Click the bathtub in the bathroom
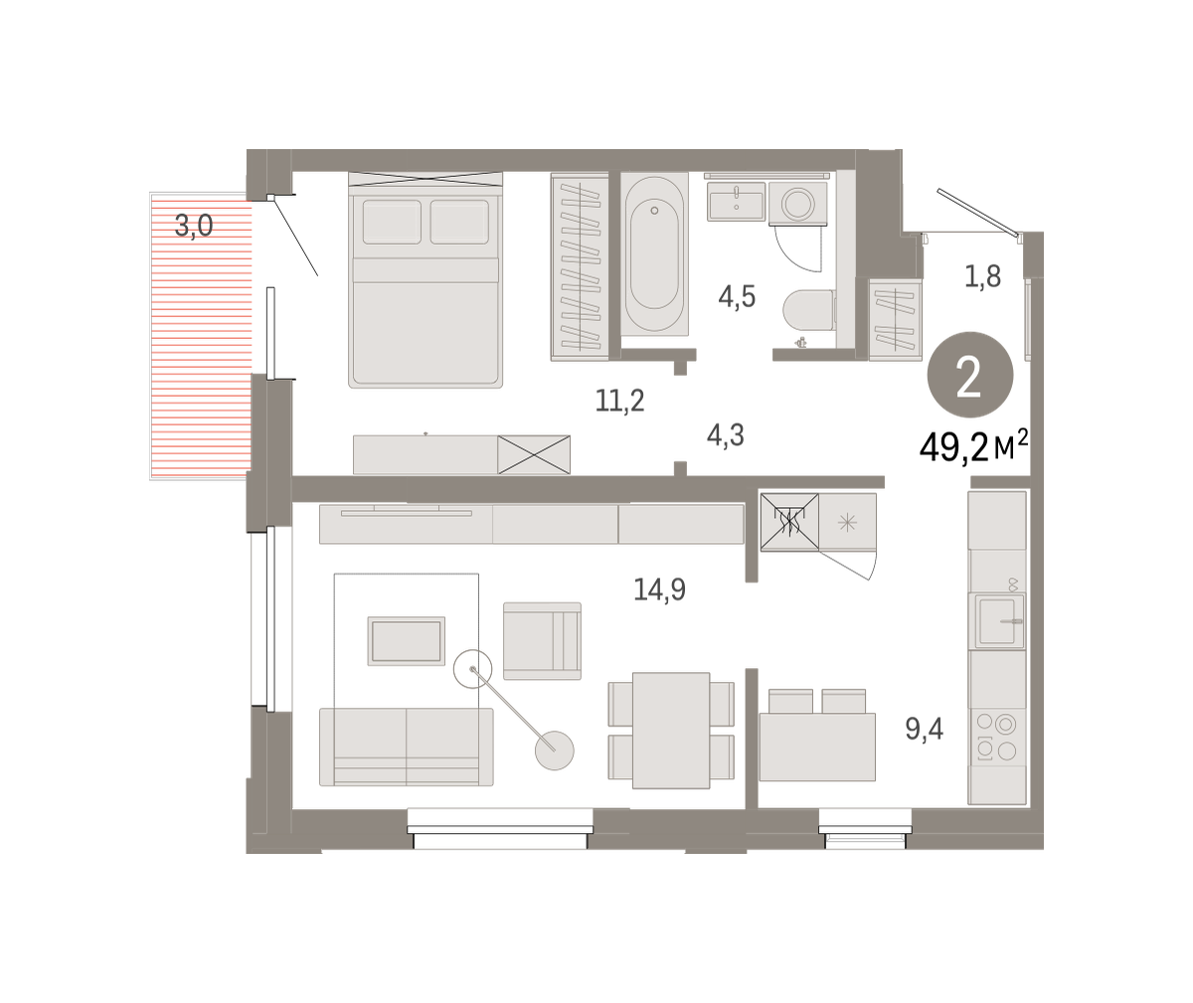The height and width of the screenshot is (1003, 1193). point(654,254)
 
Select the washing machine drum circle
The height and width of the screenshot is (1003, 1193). point(797,203)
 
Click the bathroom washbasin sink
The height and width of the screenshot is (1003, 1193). point(736,201)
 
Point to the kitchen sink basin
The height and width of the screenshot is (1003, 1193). point(996,620)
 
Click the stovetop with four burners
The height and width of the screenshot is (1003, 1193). point(996,737)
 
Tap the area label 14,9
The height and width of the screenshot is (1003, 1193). point(659,588)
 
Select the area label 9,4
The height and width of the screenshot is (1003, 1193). point(924,729)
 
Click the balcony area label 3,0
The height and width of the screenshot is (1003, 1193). point(194,225)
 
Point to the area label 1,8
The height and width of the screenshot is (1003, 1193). point(983,276)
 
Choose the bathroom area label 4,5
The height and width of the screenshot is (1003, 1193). point(737,297)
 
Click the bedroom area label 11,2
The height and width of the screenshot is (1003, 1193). point(620,401)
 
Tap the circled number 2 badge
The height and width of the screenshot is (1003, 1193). point(969,375)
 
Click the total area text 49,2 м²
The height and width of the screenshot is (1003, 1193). point(973,447)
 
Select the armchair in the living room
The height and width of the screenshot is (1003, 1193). point(542,641)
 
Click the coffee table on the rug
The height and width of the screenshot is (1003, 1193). point(407,641)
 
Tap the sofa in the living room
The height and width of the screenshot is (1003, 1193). point(407,748)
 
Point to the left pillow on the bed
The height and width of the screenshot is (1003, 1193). point(392,222)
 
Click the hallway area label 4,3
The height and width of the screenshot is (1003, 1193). point(726,435)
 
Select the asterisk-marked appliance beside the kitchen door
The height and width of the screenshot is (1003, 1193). point(847,522)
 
